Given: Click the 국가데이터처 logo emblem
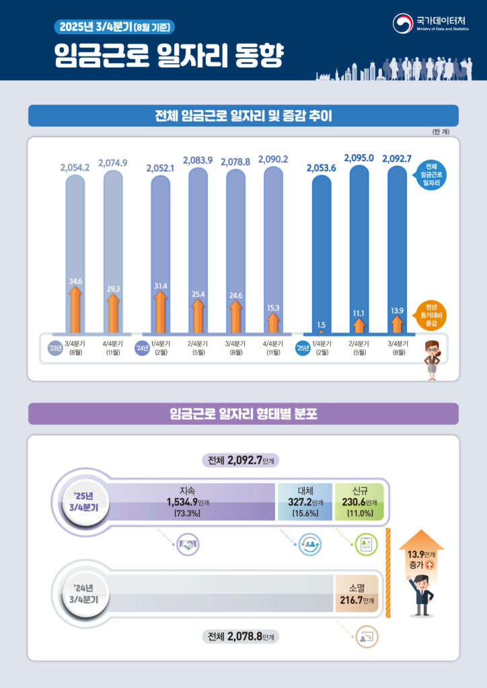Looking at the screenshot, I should [x=403, y=23].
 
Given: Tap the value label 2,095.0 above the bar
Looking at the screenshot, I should [x=359, y=158].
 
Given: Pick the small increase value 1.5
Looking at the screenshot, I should [x=322, y=325].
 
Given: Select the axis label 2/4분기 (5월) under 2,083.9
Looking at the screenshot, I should [x=198, y=348].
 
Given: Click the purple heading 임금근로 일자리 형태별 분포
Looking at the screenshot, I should [x=243, y=414].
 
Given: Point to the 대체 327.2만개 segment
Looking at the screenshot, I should [x=305, y=501].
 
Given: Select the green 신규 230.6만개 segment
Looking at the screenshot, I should [x=359, y=501].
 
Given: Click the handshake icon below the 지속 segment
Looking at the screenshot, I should [x=188, y=546].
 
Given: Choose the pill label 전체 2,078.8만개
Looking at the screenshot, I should [x=243, y=636].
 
